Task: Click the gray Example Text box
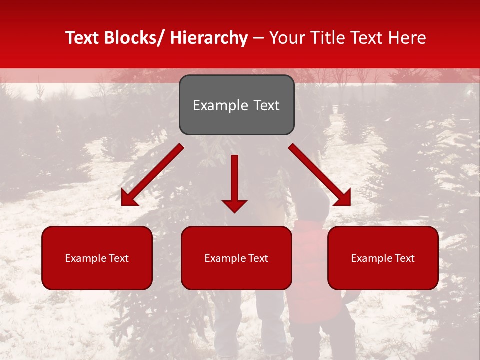pos(236,105)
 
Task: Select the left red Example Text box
pos(97,258)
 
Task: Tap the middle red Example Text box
pos(236,258)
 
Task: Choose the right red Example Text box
pos(383,258)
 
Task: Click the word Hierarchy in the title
pos(209,38)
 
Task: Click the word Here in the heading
pos(408,38)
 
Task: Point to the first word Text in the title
pos(82,38)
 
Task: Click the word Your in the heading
pos(286,38)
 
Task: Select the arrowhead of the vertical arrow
pos(234,205)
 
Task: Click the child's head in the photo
pos(312,202)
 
